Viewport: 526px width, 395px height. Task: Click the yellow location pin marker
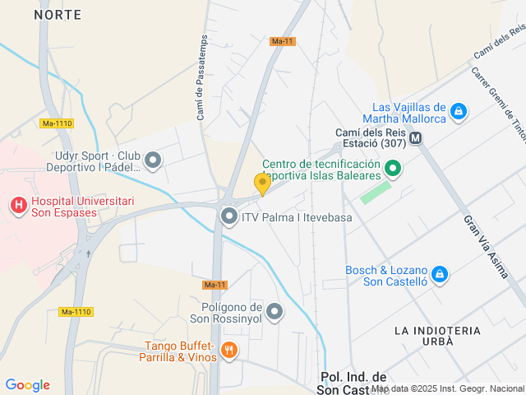point(262,184)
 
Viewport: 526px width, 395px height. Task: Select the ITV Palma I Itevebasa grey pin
point(229,217)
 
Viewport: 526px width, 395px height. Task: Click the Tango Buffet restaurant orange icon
point(229,351)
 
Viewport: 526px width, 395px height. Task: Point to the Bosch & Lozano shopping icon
point(440,274)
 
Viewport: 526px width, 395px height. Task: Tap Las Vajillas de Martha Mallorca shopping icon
point(459,111)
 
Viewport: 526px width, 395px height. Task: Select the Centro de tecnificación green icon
point(393,170)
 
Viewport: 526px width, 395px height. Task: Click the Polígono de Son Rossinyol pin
point(275,311)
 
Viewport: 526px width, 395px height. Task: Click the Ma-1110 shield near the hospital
point(57,123)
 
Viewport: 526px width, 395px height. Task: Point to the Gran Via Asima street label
point(486,246)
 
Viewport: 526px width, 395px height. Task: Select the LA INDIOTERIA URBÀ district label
point(436,337)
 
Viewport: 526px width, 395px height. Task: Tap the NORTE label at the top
point(58,15)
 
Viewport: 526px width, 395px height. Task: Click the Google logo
point(27,385)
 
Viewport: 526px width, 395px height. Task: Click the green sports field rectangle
point(376,193)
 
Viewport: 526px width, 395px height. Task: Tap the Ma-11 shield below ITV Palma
point(214,285)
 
